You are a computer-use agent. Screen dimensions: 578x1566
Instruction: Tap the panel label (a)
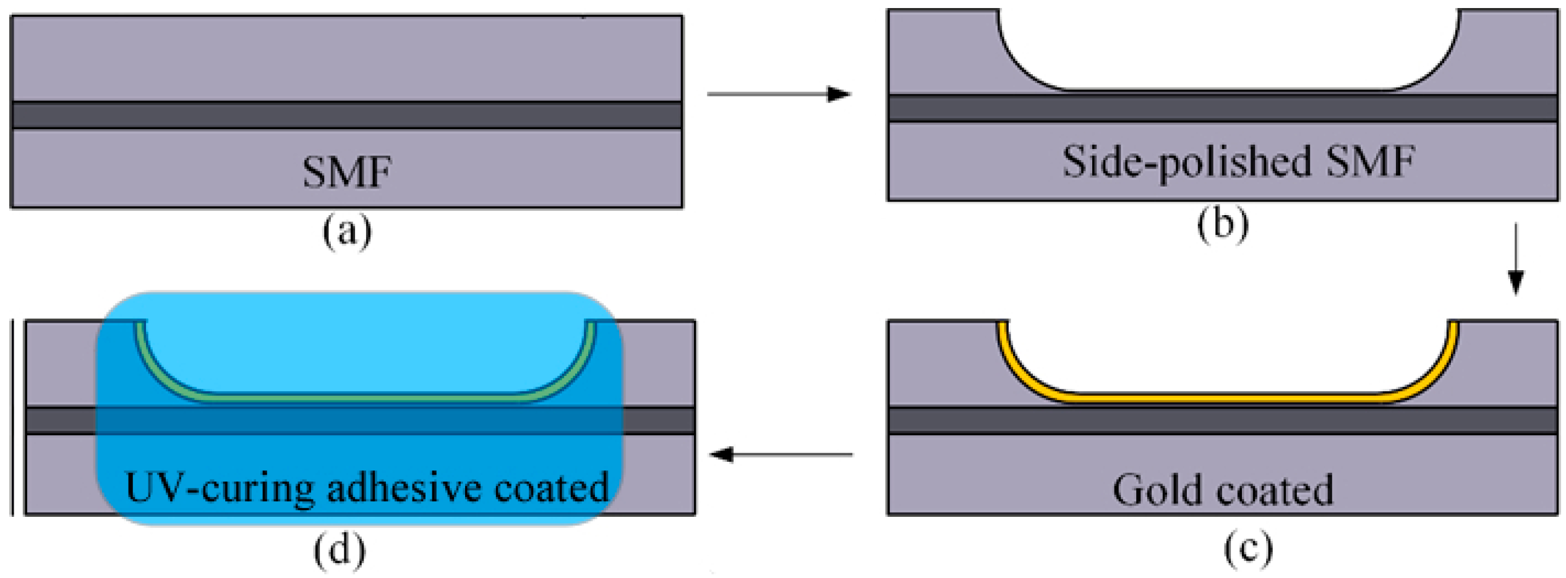pyautogui.click(x=347, y=232)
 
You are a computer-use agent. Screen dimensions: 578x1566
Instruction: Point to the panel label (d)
pyautogui.click(x=339, y=550)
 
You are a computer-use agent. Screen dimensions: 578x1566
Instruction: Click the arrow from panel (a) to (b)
pyautogui.click(x=779, y=94)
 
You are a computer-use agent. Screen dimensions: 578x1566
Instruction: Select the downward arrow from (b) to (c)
pyautogui.click(x=1515, y=260)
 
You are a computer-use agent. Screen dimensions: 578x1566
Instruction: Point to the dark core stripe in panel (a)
pyautogui.click(x=346, y=116)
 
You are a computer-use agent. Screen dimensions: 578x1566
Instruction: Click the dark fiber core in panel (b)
pyautogui.click(x=1222, y=109)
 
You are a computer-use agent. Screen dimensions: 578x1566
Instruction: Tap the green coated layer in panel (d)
pyautogui.click(x=365, y=396)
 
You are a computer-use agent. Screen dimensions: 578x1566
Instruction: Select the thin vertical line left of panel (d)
pyautogui.click(x=12, y=417)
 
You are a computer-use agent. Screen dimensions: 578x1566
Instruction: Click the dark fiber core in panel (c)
pyautogui.click(x=1222, y=420)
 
